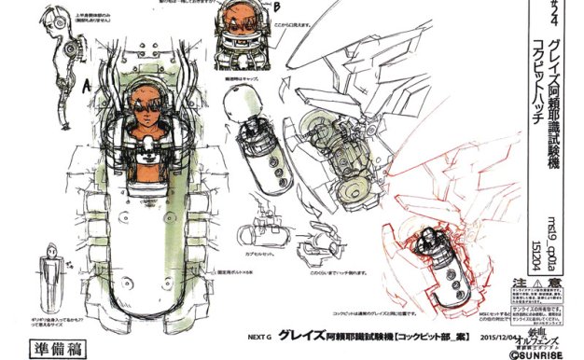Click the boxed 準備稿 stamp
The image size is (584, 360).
39,330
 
